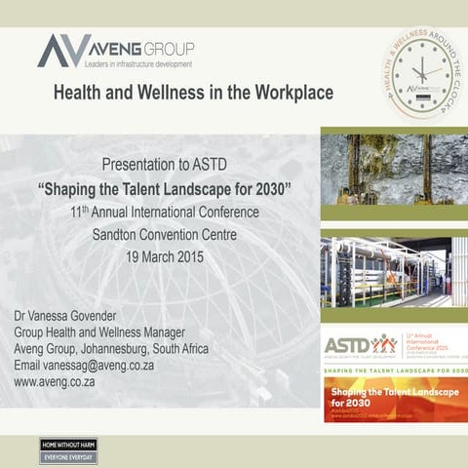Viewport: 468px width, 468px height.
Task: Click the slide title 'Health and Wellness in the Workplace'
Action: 192,93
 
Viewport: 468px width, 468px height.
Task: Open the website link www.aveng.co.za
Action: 55,382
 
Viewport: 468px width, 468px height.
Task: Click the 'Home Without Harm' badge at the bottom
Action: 68,449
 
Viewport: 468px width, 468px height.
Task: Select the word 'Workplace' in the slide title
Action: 288,93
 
